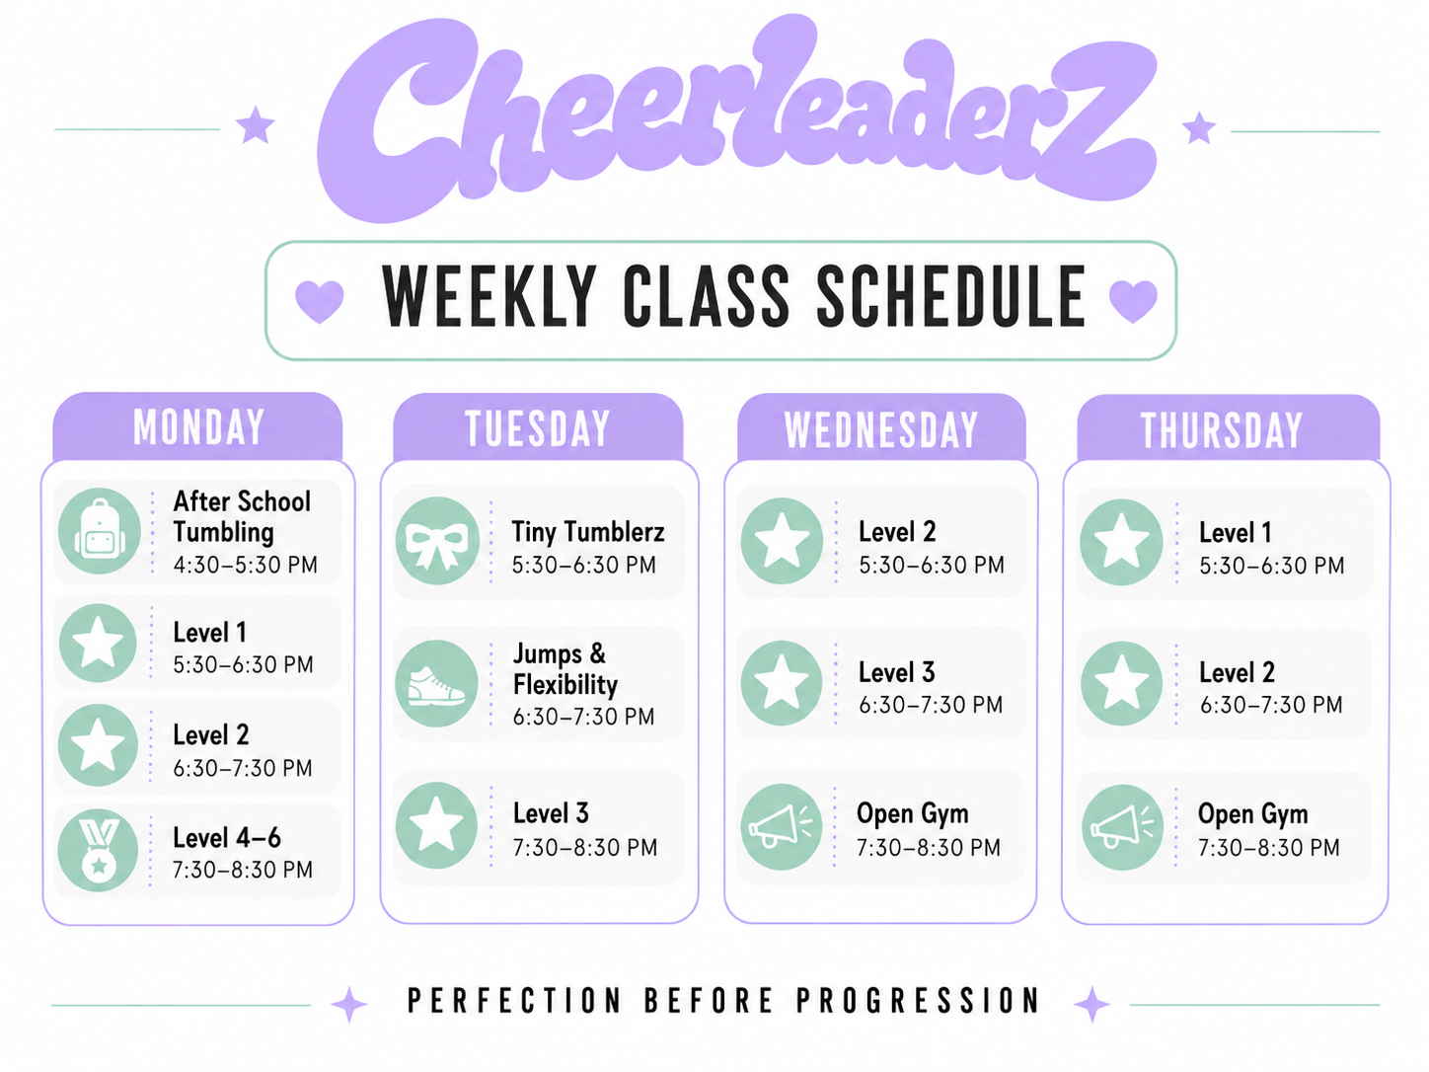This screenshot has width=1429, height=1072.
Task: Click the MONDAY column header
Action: (198, 427)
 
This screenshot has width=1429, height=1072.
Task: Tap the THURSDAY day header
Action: (1222, 429)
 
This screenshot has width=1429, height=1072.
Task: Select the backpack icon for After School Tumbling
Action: (99, 531)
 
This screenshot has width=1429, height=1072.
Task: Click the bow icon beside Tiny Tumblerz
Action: (437, 541)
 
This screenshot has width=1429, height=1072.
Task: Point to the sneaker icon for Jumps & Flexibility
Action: (437, 683)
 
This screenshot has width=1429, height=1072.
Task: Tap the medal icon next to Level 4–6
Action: (98, 850)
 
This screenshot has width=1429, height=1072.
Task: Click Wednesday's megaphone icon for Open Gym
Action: (782, 826)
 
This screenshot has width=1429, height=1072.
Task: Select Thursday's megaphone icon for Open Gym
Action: (1122, 827)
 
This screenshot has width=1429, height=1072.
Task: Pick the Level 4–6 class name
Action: (227, 838)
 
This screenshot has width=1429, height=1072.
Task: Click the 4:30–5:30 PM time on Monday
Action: (246, 565)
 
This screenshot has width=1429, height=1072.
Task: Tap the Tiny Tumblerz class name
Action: (588, 532)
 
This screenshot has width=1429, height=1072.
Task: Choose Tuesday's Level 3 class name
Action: (551, 813)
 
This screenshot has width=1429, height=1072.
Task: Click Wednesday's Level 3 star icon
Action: (782, 683)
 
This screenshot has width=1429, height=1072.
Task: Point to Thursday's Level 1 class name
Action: (1235, 532)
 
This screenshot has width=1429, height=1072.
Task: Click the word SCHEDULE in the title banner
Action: (951, 296)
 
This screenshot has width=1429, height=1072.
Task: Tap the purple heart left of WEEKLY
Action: (320, 301)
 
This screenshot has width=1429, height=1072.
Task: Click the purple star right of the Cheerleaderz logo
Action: (1198, 128)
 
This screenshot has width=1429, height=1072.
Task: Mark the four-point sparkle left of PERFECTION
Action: (349, 1004)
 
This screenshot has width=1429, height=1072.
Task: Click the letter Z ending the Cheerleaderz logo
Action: (1100, 120)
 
